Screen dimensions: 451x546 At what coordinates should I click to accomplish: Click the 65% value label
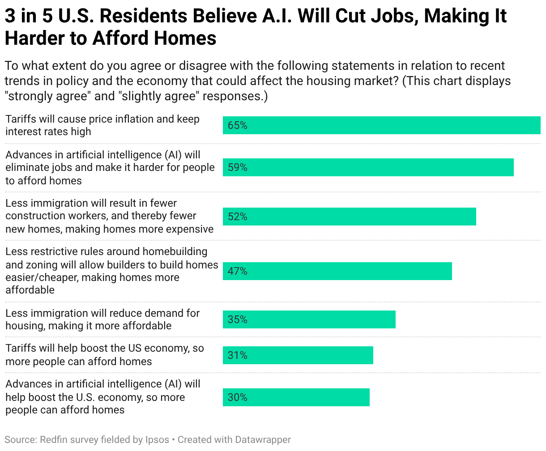tap(237, 125)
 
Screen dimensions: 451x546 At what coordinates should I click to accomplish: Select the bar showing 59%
tap(368, 167)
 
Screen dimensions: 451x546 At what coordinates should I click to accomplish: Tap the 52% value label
tap(237, 217)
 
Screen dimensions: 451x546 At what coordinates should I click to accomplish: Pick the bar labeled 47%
tap(337, 271)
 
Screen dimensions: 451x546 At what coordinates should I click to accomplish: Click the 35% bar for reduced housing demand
tap(309, 319)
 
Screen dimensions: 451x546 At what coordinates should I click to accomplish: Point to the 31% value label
tap(237, 355)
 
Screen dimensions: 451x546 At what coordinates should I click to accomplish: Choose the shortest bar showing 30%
tap(296, 397)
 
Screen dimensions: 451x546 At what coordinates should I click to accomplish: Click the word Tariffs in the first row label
tap(20, 119)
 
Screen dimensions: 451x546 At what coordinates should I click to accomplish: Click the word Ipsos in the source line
tap(157, 440)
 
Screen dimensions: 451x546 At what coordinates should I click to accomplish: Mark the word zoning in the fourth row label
tap(43, 265)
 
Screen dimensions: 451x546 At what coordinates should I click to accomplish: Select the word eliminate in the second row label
tap(26, 167)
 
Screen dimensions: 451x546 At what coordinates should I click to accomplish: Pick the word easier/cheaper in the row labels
tap(41, 277)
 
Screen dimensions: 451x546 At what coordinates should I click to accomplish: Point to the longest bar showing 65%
tap(381, 125)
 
